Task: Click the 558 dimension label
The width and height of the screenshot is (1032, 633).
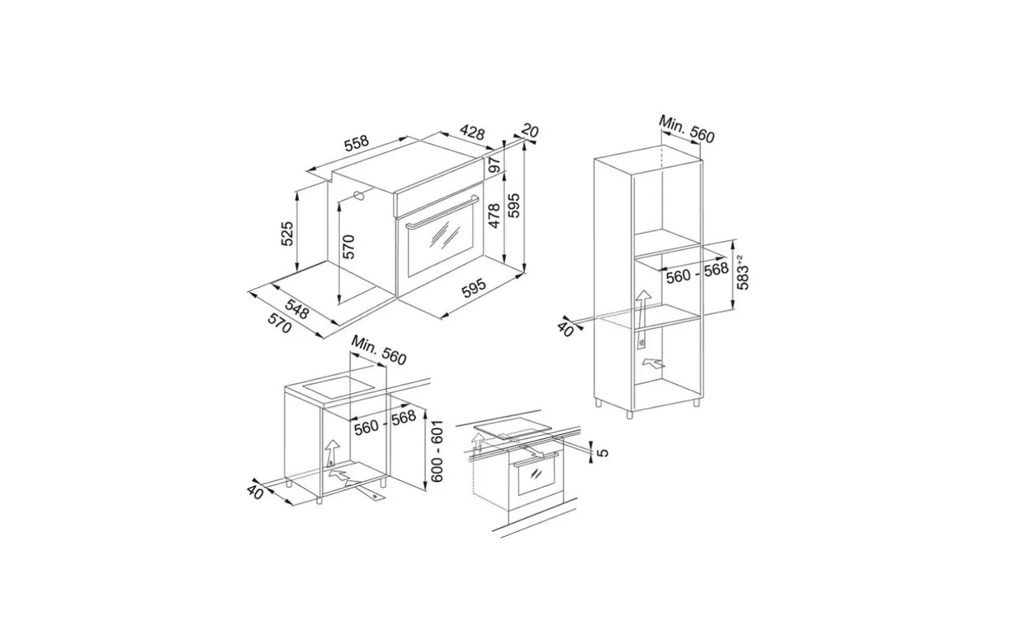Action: [x=357, y=142]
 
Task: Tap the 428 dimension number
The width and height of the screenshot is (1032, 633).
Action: [x=472, y=132]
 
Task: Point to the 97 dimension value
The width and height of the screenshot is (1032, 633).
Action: [x=495, y=165]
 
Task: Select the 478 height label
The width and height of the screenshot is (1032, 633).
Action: [x=494, y=215]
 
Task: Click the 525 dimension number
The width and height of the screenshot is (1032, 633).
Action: [x=287, y=234]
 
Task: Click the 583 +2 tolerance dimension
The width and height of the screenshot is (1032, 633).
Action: [x=743, y=272]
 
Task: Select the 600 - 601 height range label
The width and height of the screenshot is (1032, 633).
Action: [x=437, y=451]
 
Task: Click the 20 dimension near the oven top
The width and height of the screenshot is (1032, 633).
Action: [x=530, y=131]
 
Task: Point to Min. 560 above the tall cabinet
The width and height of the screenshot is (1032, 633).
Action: [x=686, y=129]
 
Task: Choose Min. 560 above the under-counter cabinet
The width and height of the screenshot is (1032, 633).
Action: [x=379, y=350]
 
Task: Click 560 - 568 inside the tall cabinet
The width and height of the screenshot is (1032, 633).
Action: [x=698, y=273]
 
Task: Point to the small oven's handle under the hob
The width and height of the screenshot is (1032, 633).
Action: [x=535, y=460]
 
